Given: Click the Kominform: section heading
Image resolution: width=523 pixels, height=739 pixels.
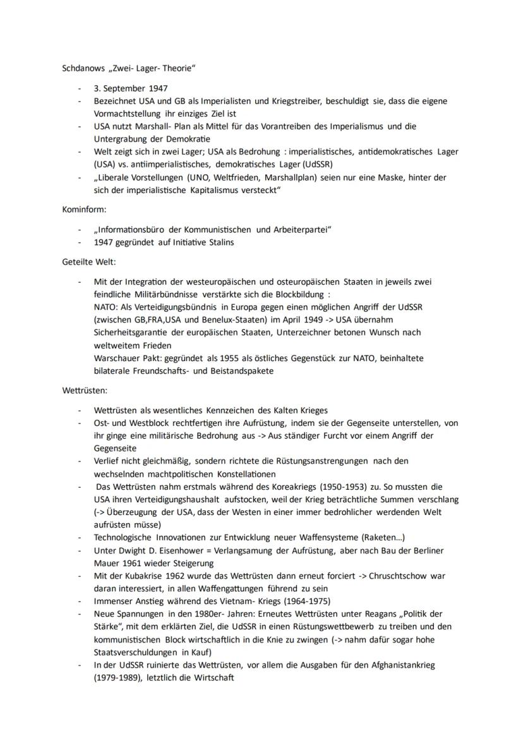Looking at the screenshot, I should coord(83,208).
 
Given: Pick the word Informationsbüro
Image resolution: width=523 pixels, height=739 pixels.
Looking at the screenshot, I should coord(132,229).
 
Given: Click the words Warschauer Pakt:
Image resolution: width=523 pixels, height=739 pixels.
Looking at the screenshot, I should coord(124,358).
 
